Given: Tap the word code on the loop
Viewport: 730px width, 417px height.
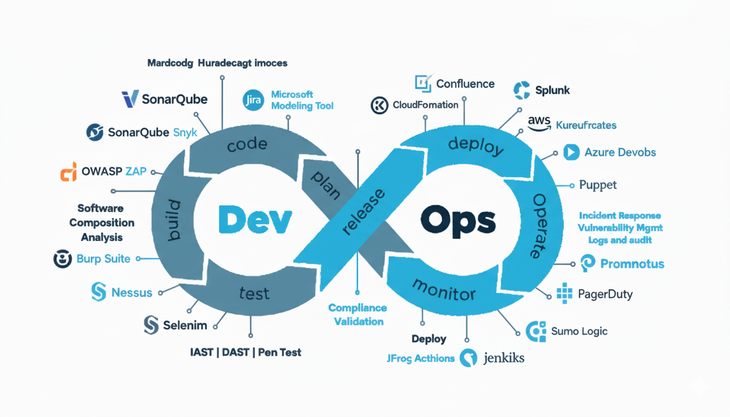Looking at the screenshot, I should click(x=247, y=144).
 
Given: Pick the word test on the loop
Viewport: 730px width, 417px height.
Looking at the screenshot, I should click(x=254, y=294).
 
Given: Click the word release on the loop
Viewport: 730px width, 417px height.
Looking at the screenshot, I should click(x=364, y=212).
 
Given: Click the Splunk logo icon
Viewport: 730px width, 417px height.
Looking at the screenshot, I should click(x=521, y=90).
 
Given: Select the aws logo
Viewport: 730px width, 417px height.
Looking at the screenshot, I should click(x=539, y=124).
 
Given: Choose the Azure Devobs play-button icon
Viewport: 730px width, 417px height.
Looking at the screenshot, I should click(x=571, y=152).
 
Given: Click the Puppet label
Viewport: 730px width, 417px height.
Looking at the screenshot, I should click(x=598, y=185).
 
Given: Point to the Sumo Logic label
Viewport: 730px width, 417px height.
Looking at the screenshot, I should click(x=579, y=331).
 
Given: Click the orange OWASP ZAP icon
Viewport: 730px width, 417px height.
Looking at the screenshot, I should click(x=68, y=172).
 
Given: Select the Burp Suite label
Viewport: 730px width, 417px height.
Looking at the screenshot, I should click(x=103, y=259).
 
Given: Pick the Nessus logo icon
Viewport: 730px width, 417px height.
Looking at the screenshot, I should click(x=98, y=292).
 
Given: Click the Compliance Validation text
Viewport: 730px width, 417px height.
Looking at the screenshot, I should click(x=358, y=314).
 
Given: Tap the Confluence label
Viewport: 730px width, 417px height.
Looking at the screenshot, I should click(x=465, y=84).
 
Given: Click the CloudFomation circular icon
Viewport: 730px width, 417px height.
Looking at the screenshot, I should click(x=379, y=105).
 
